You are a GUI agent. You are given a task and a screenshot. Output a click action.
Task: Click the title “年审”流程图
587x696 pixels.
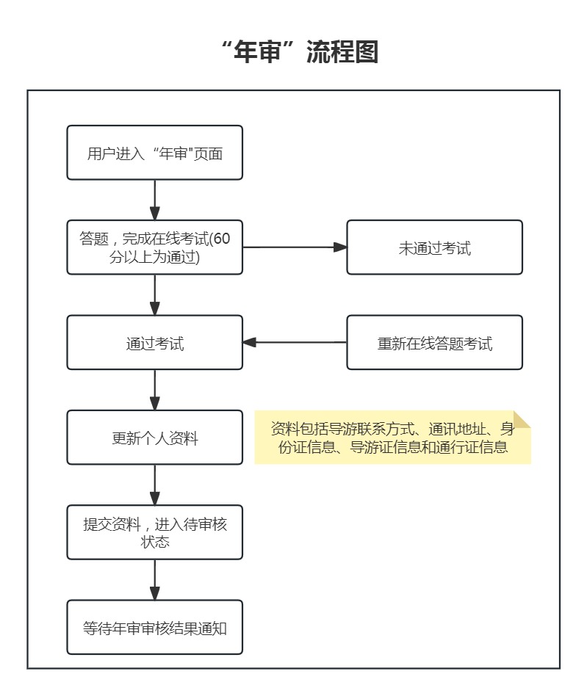(x=300, y=51)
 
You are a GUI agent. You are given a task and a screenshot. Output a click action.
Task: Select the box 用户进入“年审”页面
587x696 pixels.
(x=154, y=153)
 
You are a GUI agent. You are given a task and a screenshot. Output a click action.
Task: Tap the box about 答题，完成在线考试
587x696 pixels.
(x=154, y=247)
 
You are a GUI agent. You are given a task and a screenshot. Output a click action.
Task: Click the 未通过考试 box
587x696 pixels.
(x=434, y=247)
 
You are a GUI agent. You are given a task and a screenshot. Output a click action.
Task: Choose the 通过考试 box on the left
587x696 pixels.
(x=154, y=342)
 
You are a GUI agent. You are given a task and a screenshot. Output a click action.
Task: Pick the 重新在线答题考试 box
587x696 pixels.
(x=434, y=342)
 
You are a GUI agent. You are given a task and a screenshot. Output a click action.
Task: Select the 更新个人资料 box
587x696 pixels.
(x=154, y=438)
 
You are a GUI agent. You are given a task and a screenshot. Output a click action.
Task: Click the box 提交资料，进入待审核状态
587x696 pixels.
(x=154, y=532)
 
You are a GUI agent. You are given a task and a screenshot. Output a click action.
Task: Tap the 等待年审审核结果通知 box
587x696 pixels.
(x=154, y=627)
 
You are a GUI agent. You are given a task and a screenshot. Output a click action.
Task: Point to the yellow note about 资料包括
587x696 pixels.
(x=392, y=438)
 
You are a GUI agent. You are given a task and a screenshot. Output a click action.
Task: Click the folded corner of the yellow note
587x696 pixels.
(x=522, y=419)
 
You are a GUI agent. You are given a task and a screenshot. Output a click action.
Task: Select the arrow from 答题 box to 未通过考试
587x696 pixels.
(x=295, y=247)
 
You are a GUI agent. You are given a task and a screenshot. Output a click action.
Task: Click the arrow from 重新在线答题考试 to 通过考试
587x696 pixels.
(x=295, y=342)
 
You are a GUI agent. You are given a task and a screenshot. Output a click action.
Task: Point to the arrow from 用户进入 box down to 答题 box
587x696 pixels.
(x=154, y=200)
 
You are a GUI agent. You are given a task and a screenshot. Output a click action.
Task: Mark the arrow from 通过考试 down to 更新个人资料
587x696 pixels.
(x=154, y=390)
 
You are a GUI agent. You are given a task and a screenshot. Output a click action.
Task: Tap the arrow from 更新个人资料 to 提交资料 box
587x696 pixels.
(x=154, y=485)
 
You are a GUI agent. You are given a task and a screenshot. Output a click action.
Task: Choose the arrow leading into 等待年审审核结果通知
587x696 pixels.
(x=154, y=580)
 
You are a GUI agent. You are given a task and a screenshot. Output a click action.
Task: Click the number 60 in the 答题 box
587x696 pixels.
(x=222, y=239)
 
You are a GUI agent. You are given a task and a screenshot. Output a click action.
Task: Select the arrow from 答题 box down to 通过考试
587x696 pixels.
(x=154, y=294)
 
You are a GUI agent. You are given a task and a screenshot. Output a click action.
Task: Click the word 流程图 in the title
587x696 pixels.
(x=342, y=51)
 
